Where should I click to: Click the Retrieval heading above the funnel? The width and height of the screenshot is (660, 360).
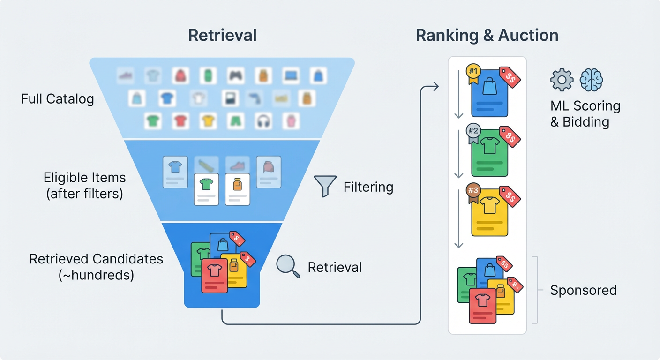[x=222, y=36]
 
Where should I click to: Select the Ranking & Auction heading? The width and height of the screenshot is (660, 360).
[x=487, y=36]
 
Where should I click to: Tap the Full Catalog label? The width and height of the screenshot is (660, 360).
[x=58, y=99]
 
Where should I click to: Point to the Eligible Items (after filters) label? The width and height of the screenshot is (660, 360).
[x=85, y=186]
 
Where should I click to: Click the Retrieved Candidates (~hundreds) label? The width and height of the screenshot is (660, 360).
[x=96, y=267]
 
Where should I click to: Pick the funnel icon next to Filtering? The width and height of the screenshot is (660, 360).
[x=325, y=186]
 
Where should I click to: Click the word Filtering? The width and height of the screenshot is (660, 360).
[x=368, y=187]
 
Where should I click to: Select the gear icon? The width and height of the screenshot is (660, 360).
[x=562, y=80]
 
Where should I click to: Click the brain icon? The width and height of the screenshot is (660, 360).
[x=591, y=80]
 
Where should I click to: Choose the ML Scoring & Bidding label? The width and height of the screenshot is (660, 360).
[x=585, y=114]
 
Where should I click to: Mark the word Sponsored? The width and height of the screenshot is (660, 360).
[x=583, y=290]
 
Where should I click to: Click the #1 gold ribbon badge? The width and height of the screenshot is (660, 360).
[x=473, y=72]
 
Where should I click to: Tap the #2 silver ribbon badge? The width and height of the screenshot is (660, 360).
[x=473, y=132]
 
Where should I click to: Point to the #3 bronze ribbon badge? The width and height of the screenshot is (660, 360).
[x=473, y=191]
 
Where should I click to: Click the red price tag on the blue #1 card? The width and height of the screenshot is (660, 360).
[x=510, y=77]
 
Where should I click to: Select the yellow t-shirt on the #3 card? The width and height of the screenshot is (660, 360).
[x=489, y=205]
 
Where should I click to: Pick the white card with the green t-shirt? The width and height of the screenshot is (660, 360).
[x=206, y=189]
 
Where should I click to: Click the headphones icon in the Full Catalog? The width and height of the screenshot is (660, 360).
[x=264, y=121]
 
